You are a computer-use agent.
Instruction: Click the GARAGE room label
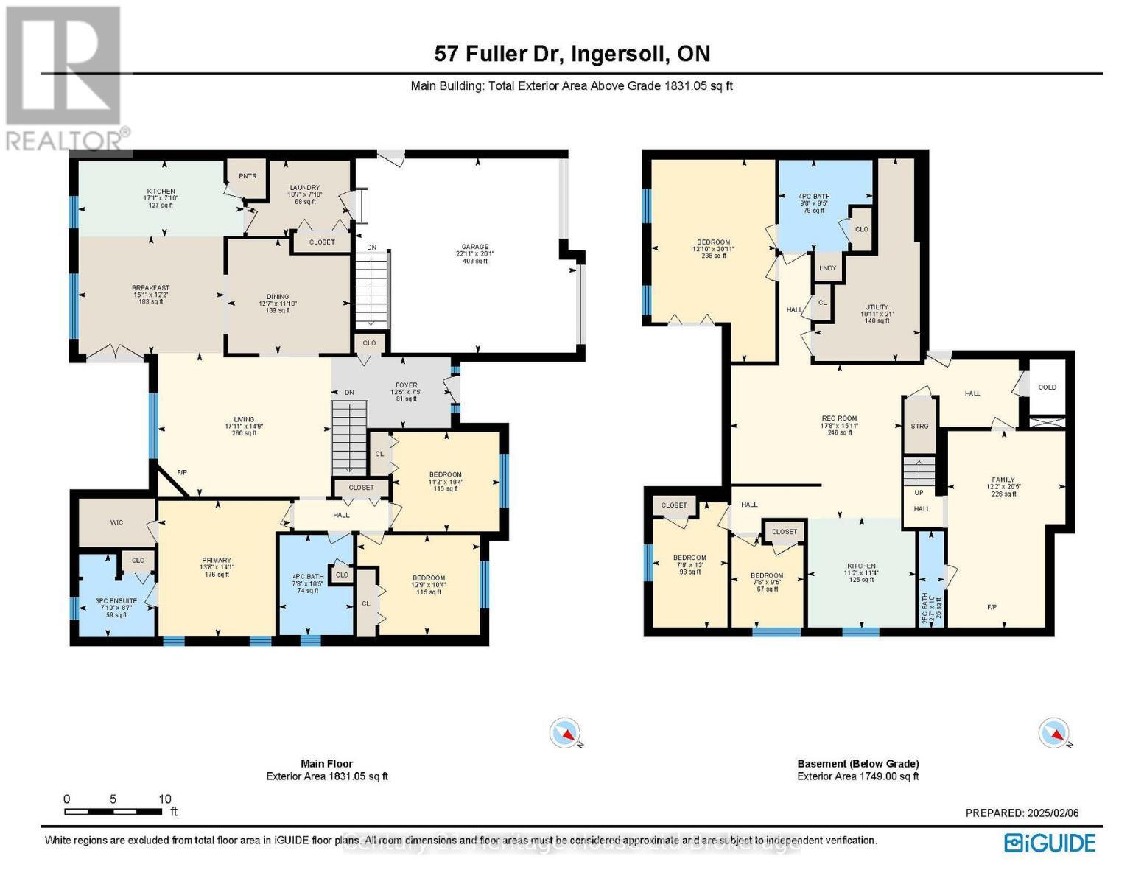pos(471,248)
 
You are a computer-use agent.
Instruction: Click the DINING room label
pos(278,297)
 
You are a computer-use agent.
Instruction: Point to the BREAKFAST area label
pos(151,288)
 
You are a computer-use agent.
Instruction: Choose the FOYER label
pos(406,385)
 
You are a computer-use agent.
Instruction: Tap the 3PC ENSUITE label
pos(116,601)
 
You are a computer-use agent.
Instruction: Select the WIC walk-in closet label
pos(116,522)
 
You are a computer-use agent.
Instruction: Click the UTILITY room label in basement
pos(876,307)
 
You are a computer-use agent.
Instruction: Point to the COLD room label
pos(1047,387)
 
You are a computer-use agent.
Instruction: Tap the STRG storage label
pos(919,427)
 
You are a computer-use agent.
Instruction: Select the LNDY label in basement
pos(827,268)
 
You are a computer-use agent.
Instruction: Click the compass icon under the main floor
pos(566,733)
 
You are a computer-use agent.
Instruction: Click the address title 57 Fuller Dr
pos(572,54)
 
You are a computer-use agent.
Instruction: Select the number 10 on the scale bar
pos(164,799)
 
